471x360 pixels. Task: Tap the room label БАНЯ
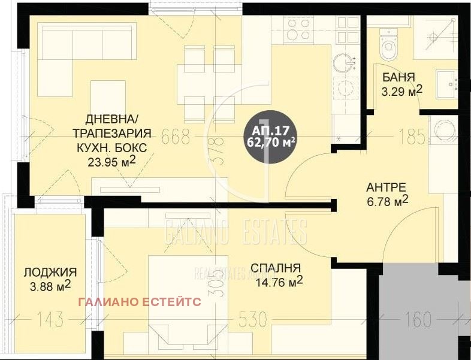[399, 77]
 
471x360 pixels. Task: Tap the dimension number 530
[251, 320]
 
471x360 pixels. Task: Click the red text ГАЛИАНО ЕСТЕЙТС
[140, 302]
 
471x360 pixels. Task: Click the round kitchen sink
[344, 62]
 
